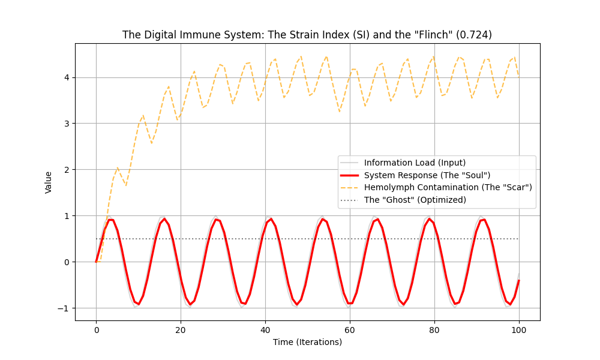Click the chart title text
coord(307,35)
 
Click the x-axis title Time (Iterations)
coord(307,342)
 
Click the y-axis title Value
coord(49,182)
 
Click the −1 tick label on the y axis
coord(65,308)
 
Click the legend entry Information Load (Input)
coord(415,163)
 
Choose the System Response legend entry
coord(427,175)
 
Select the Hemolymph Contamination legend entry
coord(448,187)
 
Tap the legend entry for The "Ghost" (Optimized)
coord(424,200)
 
